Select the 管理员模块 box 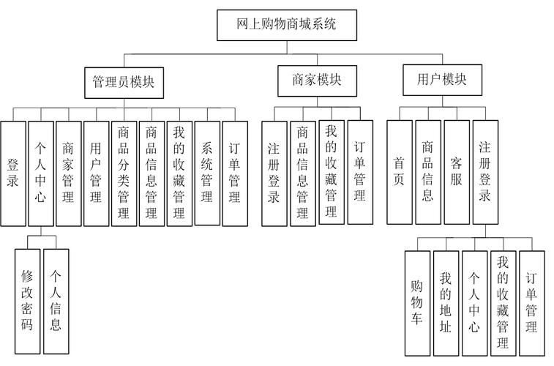click(x=124, y=82)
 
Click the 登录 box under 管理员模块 click(x=12, y=173)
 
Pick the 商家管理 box click(x=68, y=173)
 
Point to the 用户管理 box click(x=96, y=173)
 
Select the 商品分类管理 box click(x=124, y=173)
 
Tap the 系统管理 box click(x=207, y=173)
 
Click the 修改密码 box click(x=27, y=300)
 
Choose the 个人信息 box click(x=56, y=300)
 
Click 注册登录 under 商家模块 click(x=274, y=173)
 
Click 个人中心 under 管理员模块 click(x=40, y=173)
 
